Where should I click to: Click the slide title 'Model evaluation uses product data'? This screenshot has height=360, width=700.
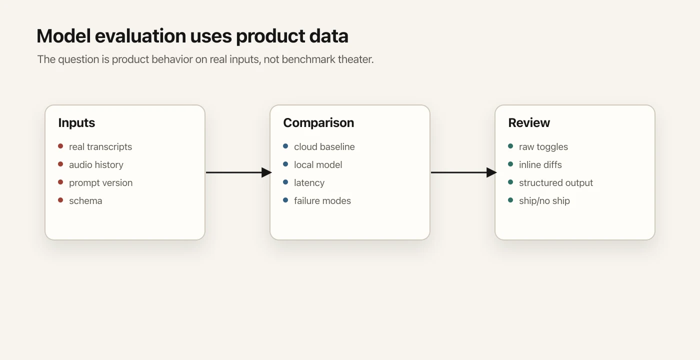tap(192, 36)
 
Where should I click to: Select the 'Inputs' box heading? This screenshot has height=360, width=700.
tap(76, 123)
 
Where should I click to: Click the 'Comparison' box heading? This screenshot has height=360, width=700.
tap(318, 123)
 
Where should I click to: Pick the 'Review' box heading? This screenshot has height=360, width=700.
tap(529, 123)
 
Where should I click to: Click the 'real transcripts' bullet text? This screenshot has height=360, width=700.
tap(100, 147)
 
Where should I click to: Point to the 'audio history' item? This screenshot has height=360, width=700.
tap(96, 165)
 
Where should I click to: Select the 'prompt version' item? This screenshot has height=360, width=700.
tap(100, 183)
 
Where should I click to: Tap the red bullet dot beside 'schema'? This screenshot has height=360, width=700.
tap(60, 200)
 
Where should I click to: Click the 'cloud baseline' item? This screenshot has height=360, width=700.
tap(324, 147)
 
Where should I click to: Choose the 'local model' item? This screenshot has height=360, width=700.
tap(318, 165)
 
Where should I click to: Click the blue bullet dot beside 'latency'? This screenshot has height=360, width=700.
tap(285, 182)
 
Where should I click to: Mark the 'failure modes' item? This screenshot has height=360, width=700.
tap(322, 201)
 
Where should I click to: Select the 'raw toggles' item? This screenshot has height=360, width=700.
tap(543, 147)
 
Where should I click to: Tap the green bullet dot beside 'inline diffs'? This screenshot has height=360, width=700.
tap(510, 164)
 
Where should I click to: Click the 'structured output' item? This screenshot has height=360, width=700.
tap(555, 183)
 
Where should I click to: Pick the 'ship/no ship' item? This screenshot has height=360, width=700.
tap(544, 201)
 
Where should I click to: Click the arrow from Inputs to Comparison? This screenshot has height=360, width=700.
tap(237, 172)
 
